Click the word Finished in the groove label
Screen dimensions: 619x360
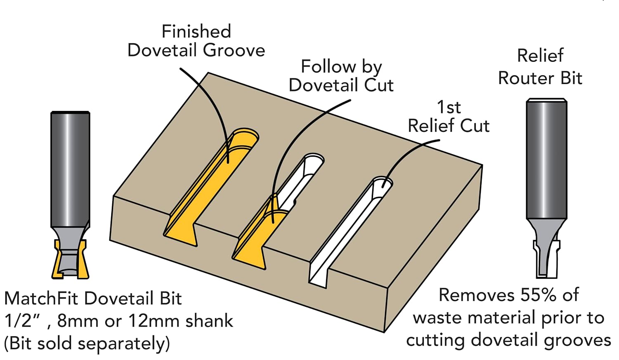(196, 32)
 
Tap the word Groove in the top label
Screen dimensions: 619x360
(234, 51)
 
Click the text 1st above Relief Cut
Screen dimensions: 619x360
(449, 107)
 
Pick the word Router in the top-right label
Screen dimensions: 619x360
(527, 78)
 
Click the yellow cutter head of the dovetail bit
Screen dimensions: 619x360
(70, 260)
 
